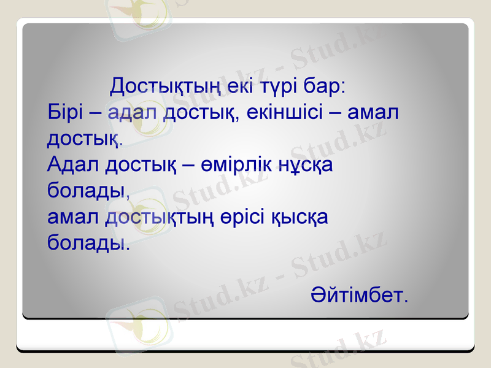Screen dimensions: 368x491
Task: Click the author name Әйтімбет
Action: (x=358, y=295)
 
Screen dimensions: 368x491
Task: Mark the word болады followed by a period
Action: (x=88, y=243)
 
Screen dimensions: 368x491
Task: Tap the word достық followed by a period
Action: (x=85, y=139)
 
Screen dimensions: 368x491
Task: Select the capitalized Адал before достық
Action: (x=74, y=164)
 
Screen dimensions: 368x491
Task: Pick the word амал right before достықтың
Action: (x=74, y=217)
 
